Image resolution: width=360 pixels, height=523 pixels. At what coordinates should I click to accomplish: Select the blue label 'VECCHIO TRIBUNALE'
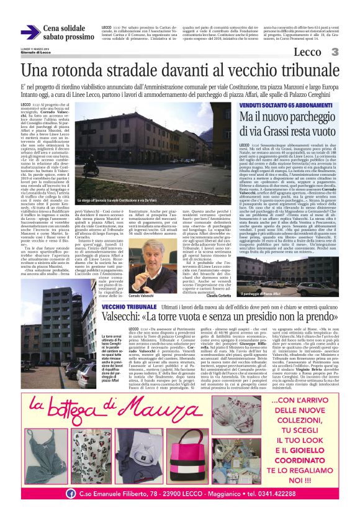click(128, 307)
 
